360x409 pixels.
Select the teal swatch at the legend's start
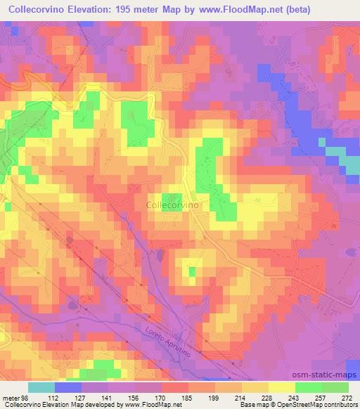pos(41,387)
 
